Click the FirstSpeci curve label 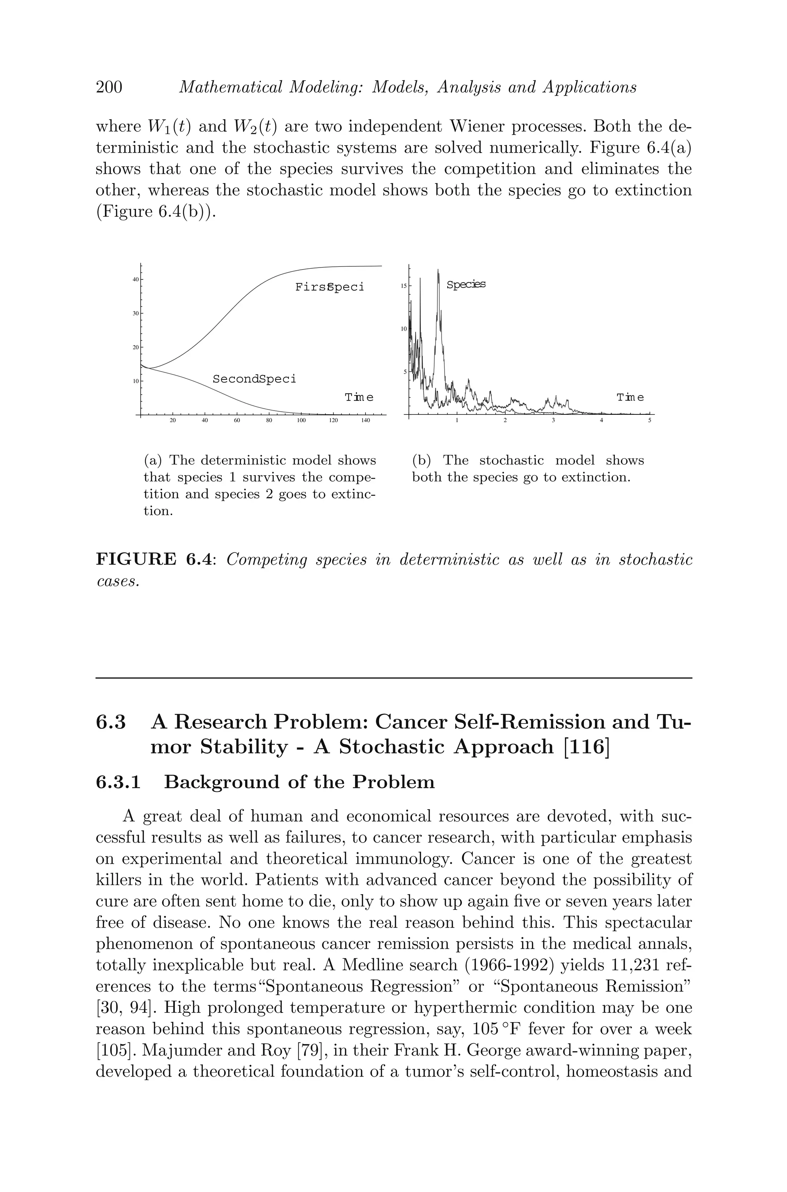(329, 287)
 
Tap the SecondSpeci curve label (254, 379)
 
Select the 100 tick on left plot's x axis (301, 420)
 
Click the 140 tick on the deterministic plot (365, 420)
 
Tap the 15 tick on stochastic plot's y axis (403, 286)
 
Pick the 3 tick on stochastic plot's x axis (553, 420)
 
